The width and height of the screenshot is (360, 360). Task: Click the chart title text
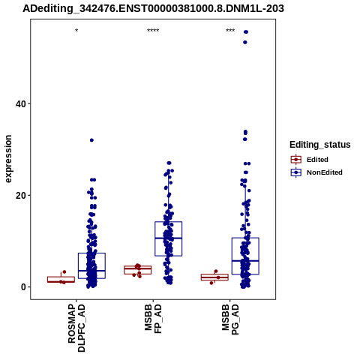click(153, 9)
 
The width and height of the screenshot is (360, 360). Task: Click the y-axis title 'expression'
click(8, 159)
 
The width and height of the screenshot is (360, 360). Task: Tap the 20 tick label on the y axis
click(21, 196)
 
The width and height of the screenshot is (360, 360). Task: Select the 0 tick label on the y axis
click(23, 287)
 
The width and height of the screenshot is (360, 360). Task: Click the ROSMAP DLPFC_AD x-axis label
click(76, 328)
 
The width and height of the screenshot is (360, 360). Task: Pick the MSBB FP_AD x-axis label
click(153, 319)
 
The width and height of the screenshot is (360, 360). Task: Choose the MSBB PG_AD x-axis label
click(230, 319)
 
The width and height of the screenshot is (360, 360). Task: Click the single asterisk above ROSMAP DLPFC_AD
click(76, 31)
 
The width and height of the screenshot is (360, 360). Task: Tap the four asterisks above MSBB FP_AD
click(153, 31)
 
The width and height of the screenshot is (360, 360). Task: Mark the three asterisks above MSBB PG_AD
click(230, 31)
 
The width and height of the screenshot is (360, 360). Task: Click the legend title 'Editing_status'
click(320, 145)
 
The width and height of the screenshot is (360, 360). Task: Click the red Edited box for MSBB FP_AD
click(138, 270)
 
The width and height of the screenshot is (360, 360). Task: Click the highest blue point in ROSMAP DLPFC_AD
click(91, 140)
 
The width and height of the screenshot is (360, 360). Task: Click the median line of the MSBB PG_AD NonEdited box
click(245, 261)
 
